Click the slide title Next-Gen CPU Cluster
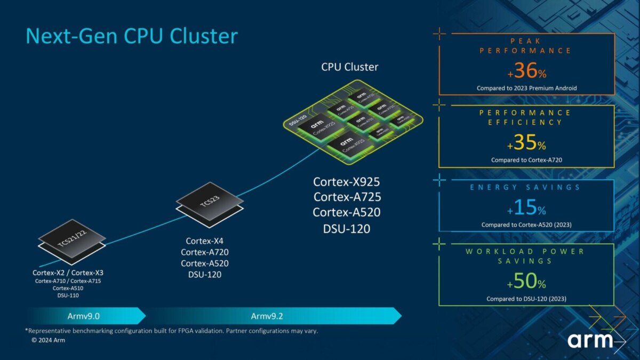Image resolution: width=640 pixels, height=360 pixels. click(x=132, y=36)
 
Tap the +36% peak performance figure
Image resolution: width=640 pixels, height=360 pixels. click(x=526, y=71)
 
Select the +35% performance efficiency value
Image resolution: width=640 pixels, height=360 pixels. click(x=526, y=143)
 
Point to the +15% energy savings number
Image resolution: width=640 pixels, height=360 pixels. click(x=526, y=207)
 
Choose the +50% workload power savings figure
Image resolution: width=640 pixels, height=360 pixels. click(x=526, y=282)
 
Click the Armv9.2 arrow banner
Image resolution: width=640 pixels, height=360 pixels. click(x=267, y=316)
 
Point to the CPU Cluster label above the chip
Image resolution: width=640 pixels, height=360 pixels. click(x=349, y=67)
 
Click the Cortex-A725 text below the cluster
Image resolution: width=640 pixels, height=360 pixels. click(x=347, y=197)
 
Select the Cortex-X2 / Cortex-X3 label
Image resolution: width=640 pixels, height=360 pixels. click(x=68, y=273)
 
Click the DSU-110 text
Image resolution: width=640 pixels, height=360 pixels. click(x=68, y=295)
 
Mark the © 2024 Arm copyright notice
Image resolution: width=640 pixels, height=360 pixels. click(x=48, y=340)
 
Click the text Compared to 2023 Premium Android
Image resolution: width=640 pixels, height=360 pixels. click(x=526, y=88)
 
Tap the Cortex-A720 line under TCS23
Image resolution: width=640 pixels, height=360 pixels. click(x=205, y=252)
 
